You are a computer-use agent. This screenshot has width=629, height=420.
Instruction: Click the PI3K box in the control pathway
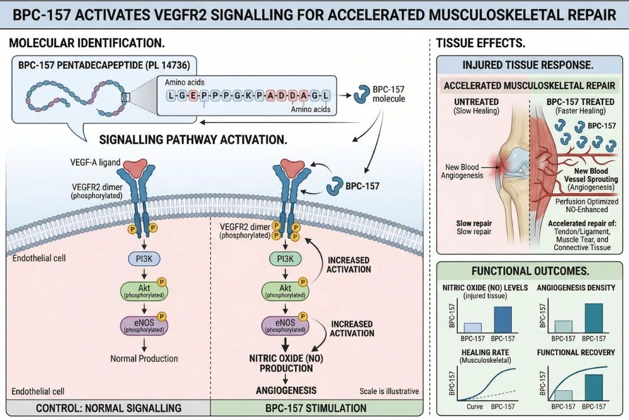[145, 259]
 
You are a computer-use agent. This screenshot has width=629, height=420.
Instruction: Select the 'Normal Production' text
[144, 358]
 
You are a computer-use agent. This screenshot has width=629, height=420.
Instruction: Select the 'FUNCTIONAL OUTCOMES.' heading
[529, 271]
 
